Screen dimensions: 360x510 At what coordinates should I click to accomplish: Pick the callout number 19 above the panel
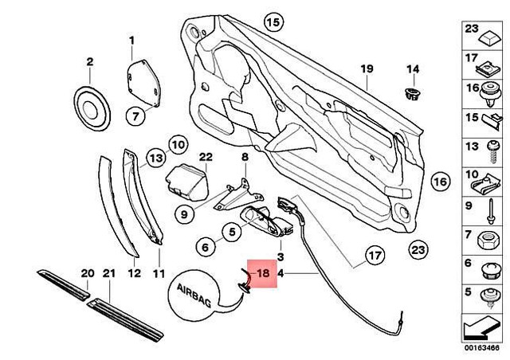[x=366, y=68]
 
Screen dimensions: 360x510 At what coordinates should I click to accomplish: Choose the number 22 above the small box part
[x=205, y=157]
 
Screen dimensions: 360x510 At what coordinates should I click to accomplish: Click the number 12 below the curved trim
[x=134, y=273]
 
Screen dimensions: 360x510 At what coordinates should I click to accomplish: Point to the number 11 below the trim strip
[x=158, y=273]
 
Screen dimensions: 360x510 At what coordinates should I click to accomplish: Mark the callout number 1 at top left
[x=131, y=40]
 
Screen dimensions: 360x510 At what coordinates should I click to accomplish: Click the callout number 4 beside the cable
[x=280, y=273]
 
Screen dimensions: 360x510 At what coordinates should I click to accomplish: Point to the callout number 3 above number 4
[x=280, y=257]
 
